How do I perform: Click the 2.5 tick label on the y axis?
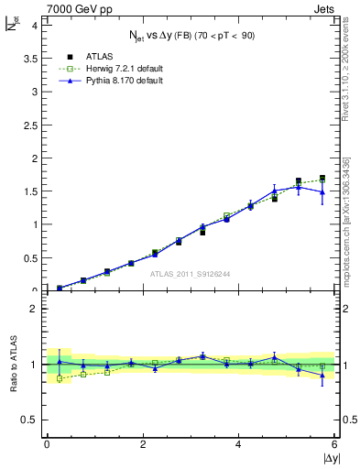(x=31, y=125)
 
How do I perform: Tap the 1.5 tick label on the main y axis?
(x=31, y=191)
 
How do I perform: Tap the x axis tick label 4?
(x=239, y=444)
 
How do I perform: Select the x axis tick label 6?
(x=335, y=444)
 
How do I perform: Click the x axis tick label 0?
(x=47, y=444)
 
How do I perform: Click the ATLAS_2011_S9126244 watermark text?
(x=190, y=274)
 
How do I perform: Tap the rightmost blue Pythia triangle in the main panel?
(x=322, y=192)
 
